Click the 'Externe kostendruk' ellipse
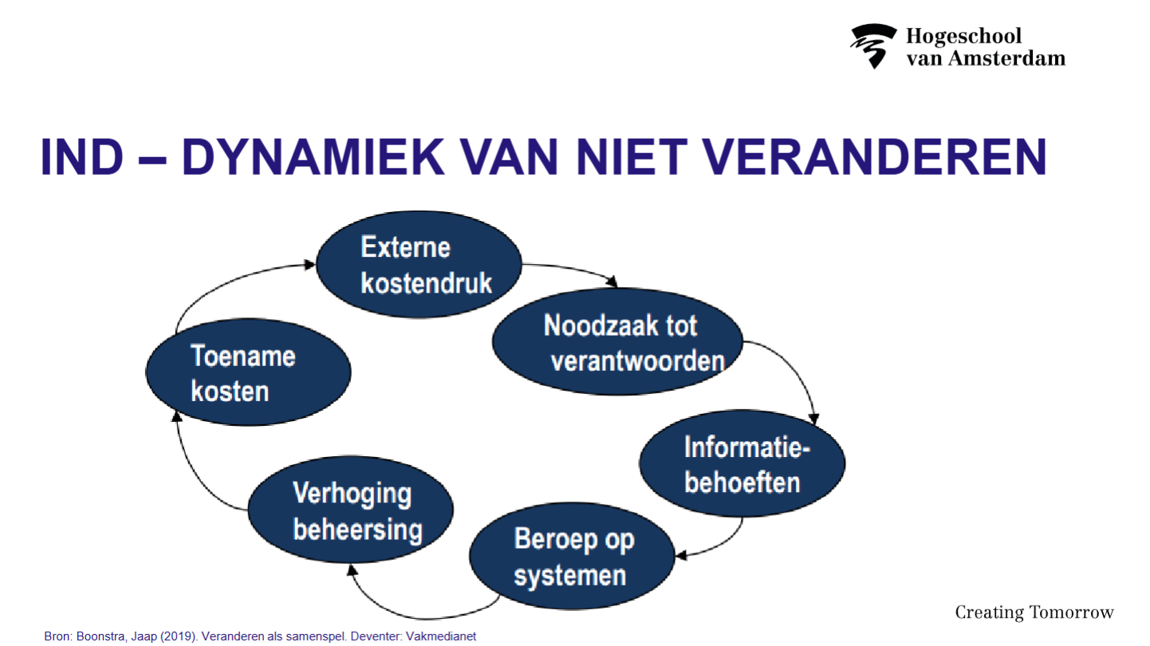(419, 264)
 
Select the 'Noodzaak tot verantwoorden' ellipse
(617, 341)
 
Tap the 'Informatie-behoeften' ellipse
(742, 463)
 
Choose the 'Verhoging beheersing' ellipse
(351, 510)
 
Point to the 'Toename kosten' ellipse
(249, 372)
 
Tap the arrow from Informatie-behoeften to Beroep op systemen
(721, 545)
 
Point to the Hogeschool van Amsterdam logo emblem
(872, 45)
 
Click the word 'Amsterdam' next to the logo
(1006, 58)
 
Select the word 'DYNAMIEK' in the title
(313, 156)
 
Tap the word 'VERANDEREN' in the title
(874, 156)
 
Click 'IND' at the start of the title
(82, 156)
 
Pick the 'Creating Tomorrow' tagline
(1034, 613)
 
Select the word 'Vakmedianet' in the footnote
(441, 636)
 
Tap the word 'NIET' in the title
(632, 156)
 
